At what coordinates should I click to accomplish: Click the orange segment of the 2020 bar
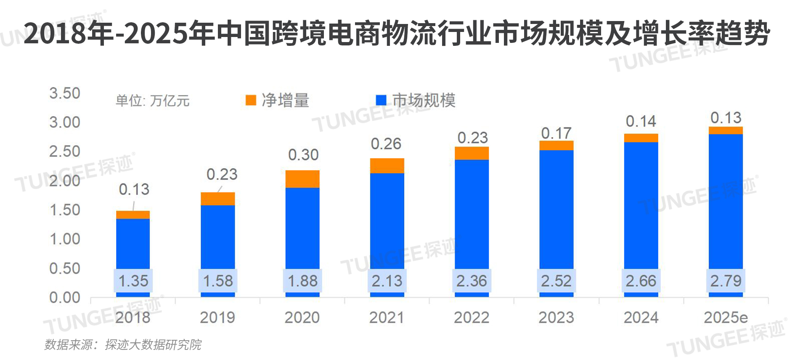tap(302, 179)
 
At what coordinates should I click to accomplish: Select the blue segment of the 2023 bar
tap(556, 210)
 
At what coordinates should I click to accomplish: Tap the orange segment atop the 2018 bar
tap(133, 215)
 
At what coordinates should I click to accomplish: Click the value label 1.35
tap(133, 281)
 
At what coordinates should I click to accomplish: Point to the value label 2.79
tap(726, 281)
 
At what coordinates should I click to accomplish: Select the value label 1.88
tap(302, 281)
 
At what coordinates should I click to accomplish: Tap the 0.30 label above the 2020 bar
tap(303, 155)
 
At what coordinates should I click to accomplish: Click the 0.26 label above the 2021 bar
tap(386, 144)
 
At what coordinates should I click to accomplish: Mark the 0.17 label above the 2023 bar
tap(556, 133)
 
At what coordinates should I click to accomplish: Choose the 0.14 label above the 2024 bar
tap(641, 122)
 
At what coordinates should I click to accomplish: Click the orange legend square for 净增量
tap(251, 100)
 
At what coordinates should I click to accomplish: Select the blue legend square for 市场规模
tap(381, 100)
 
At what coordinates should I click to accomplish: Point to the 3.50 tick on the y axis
tap(64, 93)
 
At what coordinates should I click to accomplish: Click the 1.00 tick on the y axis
tap(64, 239)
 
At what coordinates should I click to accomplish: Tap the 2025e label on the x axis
tap(726, 318)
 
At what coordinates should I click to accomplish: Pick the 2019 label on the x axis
tap(217, 318)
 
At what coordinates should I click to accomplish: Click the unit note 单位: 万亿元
tap(152, 101)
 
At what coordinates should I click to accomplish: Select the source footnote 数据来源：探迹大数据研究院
tap(123, 345)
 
